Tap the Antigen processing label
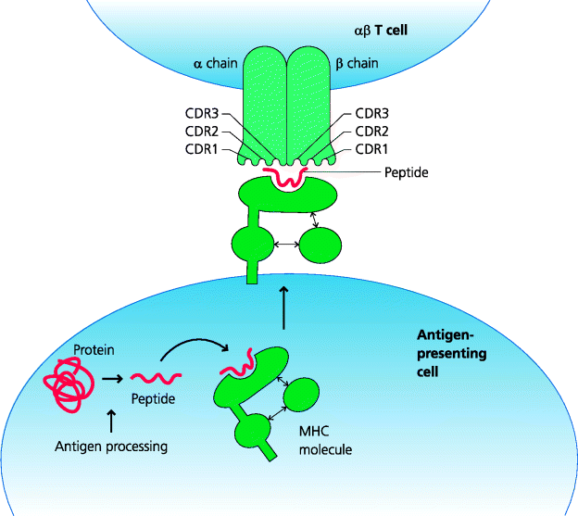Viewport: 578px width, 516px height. click(110, 447)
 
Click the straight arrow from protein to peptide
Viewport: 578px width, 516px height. click(114, 378)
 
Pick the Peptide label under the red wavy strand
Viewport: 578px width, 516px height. click(153, 399)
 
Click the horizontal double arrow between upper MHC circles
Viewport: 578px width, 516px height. click(287, 245)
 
